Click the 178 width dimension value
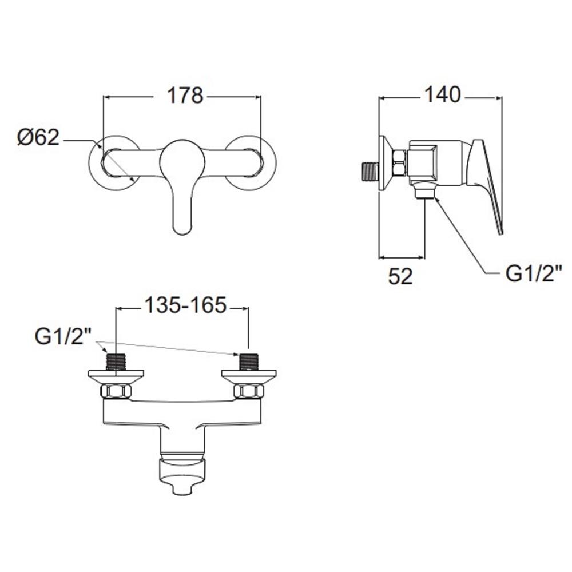(x=185, y=96)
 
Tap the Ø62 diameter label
(x=38, y=137)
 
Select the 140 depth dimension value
(x=443, y=94)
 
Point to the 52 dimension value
(x=400, y=276)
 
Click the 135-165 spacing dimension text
(x=186, y=305)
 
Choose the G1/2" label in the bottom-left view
(x=63, y=336)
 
